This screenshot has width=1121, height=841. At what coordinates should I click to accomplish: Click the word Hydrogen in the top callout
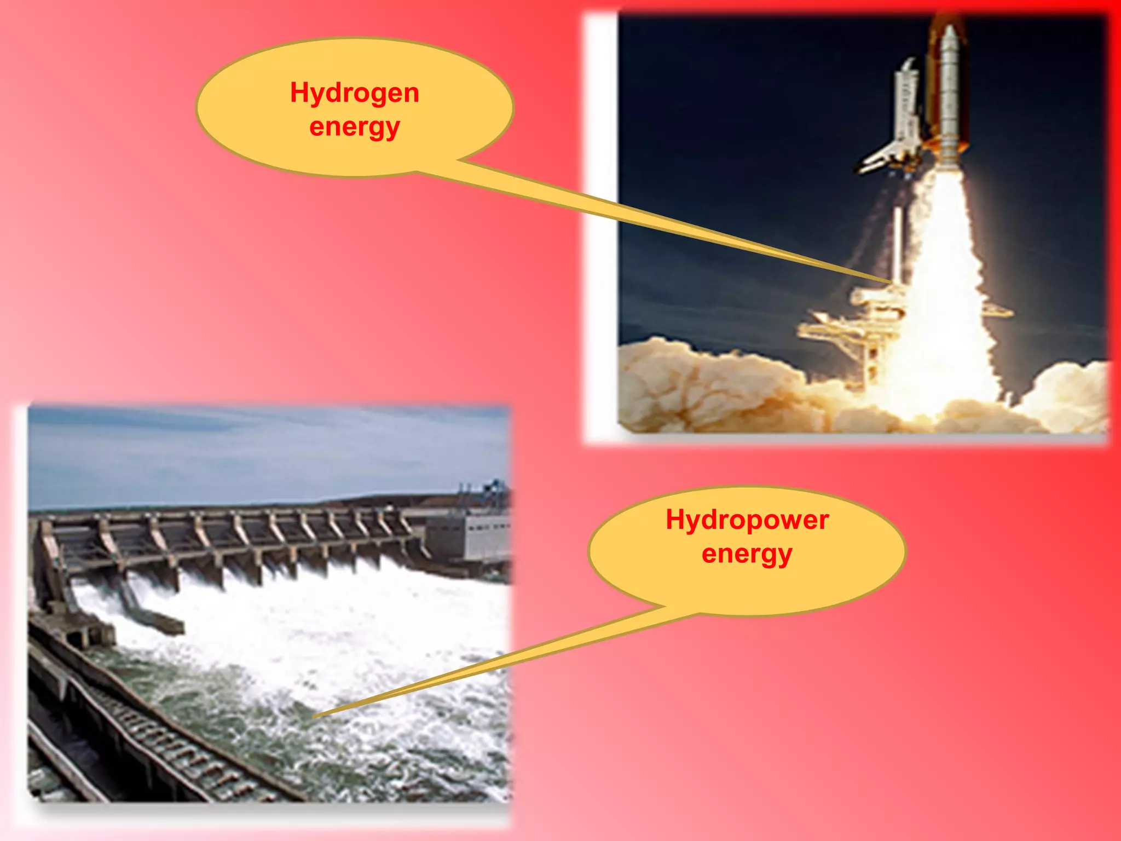point(355,93)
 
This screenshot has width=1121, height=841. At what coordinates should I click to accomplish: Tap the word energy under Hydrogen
point(355,128)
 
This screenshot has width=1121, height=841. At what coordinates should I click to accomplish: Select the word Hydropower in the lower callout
point(747,520)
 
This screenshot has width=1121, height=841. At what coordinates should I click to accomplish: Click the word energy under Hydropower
point(747,554)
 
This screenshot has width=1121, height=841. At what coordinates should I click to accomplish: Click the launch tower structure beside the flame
point(854,329)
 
